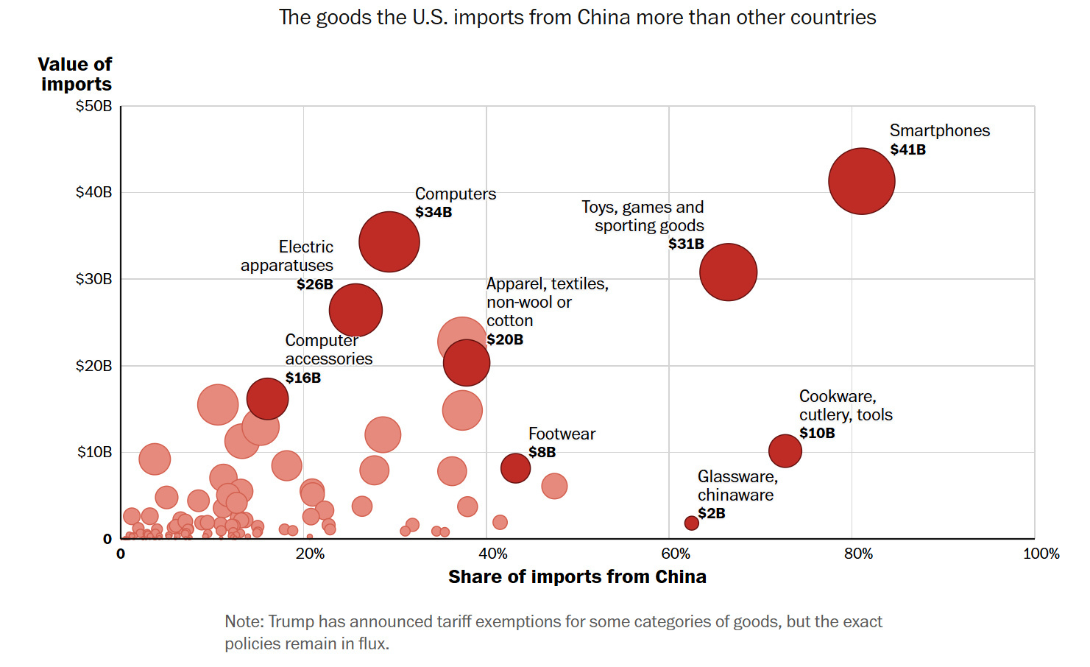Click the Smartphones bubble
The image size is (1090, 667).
coord(861,181)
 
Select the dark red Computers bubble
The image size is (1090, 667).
coord(389,241)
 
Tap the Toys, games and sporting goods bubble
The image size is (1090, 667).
coord(728,272)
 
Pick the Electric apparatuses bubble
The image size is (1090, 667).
coord(355,310)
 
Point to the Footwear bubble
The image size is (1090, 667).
coord(515,467)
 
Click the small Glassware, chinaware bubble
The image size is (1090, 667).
coord(691,523)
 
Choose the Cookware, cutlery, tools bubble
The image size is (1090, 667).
coord(785,451)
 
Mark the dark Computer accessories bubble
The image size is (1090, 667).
coord(267,399)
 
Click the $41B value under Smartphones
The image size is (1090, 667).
coord(907,149)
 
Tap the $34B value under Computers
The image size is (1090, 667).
coord(433,212)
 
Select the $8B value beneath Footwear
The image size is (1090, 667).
coord(542,452)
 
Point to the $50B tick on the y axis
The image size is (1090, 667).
coord(94,106)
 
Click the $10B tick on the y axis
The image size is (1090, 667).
coord(95,452)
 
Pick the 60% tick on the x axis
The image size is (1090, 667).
coord(675,554)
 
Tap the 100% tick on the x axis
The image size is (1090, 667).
coord(1041,554)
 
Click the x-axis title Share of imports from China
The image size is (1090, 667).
coord(577,576)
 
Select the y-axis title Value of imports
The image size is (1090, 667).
coord(75,74)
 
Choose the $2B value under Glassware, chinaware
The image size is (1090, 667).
coord(711,513)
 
